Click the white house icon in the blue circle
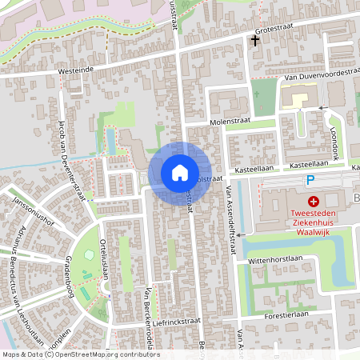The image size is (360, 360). tap(179, 173)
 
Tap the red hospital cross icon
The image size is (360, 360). tap(314, 201)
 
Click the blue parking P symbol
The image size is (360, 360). tap(311, 182)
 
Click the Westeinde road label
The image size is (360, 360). tap(76, 70)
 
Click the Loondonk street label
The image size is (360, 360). tap(334, 139)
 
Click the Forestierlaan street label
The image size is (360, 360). tap(286, 315)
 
